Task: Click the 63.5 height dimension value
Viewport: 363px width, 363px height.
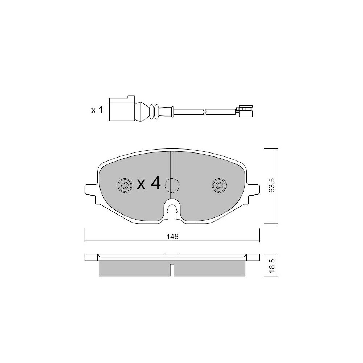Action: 272,185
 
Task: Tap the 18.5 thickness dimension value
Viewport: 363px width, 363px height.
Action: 272,265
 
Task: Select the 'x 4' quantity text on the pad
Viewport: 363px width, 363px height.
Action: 148,183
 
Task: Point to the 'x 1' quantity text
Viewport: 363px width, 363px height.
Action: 97,110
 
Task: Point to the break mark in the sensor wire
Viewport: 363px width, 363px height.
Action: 204,111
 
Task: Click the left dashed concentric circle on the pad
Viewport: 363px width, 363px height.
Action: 125,185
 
